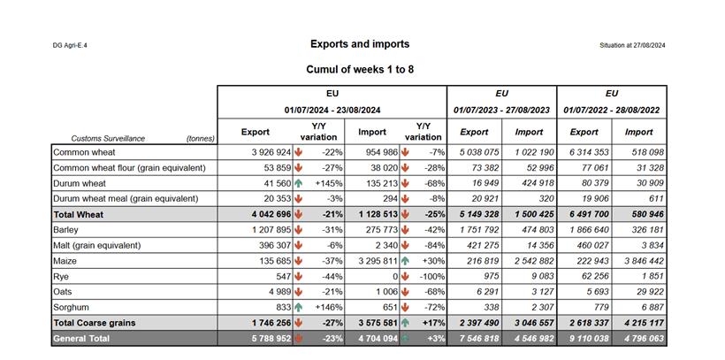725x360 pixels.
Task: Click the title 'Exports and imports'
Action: (360, 43)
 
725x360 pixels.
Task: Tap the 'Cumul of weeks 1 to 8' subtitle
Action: (360, 69)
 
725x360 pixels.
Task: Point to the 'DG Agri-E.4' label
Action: (71, 45)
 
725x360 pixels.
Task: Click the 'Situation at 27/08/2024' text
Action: (632, 45)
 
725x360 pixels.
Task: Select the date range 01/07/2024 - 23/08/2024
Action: (332, 110)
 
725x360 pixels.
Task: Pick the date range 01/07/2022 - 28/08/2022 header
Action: (612, 110)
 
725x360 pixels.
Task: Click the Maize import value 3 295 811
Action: (371, 261)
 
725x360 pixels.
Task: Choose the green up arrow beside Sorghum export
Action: (299, 307)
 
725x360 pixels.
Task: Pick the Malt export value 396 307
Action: (270, 245)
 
